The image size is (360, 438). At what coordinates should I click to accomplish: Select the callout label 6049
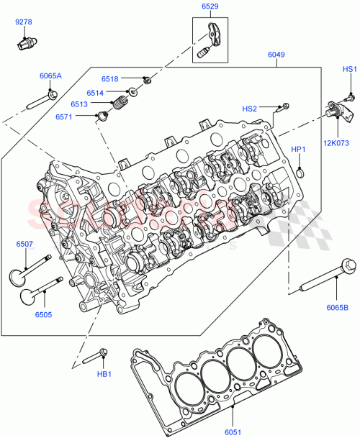coord(276,54)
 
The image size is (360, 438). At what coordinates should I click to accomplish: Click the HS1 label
coord(349,69)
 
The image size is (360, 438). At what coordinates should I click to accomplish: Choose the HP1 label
coord(297,149)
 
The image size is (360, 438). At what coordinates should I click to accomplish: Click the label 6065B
coord(336,308)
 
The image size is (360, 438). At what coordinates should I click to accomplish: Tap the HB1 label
coord(104,374)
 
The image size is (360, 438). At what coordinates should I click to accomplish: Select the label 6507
coord(24,245)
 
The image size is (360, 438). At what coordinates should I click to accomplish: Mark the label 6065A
coord(50,76)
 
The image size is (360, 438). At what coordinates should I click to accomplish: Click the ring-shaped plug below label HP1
coord(299,172)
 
